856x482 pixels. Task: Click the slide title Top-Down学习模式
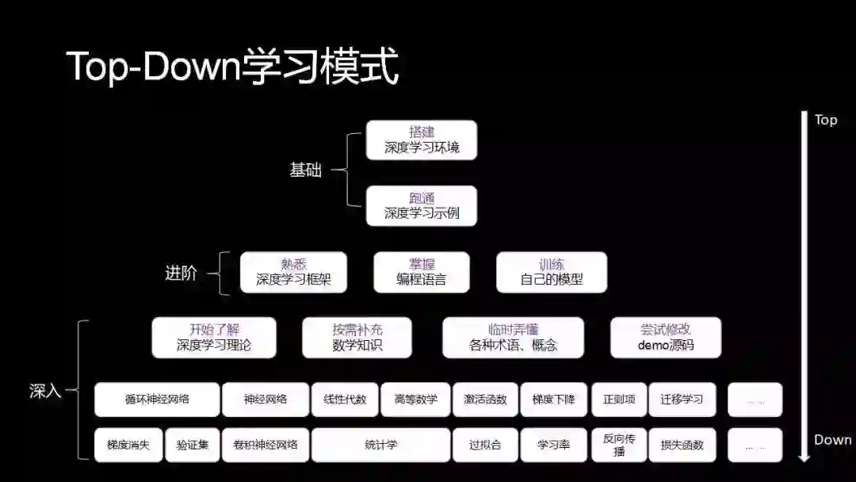pyautogui.click(x=232, y=67)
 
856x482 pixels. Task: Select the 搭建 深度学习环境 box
pyautogui.click(x=422, y=140)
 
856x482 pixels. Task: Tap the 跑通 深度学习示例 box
pyautogui.click(x=422, y=205)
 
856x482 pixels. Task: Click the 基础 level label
pyautogui.click(x=306, y=170)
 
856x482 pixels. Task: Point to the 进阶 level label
pyautogui.click(x=181, y=274)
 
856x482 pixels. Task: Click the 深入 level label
pyautogui.click(x=45, y=391)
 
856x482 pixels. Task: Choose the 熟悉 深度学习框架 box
pyautogui.click(x=293, y=272)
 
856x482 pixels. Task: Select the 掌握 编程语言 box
pyautogui.click(x=422, y=272)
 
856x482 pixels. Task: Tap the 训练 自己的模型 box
pyautogui.click(x=552, y=272)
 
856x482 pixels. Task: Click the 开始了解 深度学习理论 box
pyautogui.click(x=214, y=338)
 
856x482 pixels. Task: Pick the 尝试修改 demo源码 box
pyautogui.click(x=666, y=338)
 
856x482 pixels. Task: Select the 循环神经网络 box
pyautogui.click(x=157, y=400)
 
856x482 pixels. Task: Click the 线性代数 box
pyautogui.click(x=345, y=400)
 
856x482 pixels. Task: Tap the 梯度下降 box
pyautogui.click(x=553, y=400)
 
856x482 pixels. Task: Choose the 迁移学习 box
pyautogui.click(x=681, y=400)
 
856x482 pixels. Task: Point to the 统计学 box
pyautogui.click(x=380, y=446)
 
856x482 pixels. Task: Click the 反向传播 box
pyautogui.click(x=619, y=446)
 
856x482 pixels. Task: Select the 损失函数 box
pyautogui.click(x=681, y=446)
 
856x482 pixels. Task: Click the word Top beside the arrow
pyautogui.click(x=825, y=120)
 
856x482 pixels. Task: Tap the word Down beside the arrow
pyautogui.click(x=832, y=440)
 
